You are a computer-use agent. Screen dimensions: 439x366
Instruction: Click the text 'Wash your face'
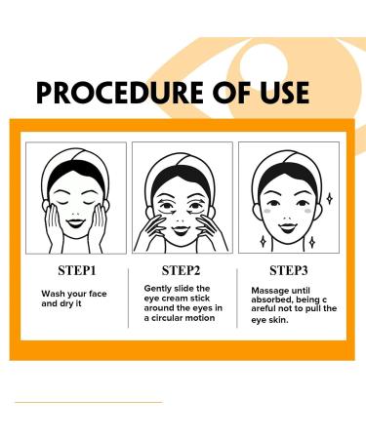72,293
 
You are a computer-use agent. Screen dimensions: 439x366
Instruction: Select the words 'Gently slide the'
177,289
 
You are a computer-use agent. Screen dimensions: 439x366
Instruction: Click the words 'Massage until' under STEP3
281,290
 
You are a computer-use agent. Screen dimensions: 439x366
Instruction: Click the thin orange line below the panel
88,401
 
